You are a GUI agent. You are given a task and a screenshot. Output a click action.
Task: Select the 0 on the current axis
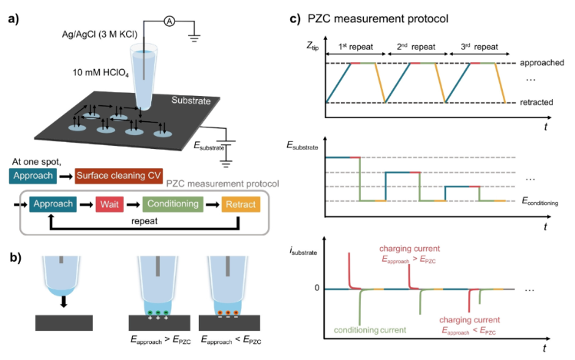[x=316, y=289]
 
